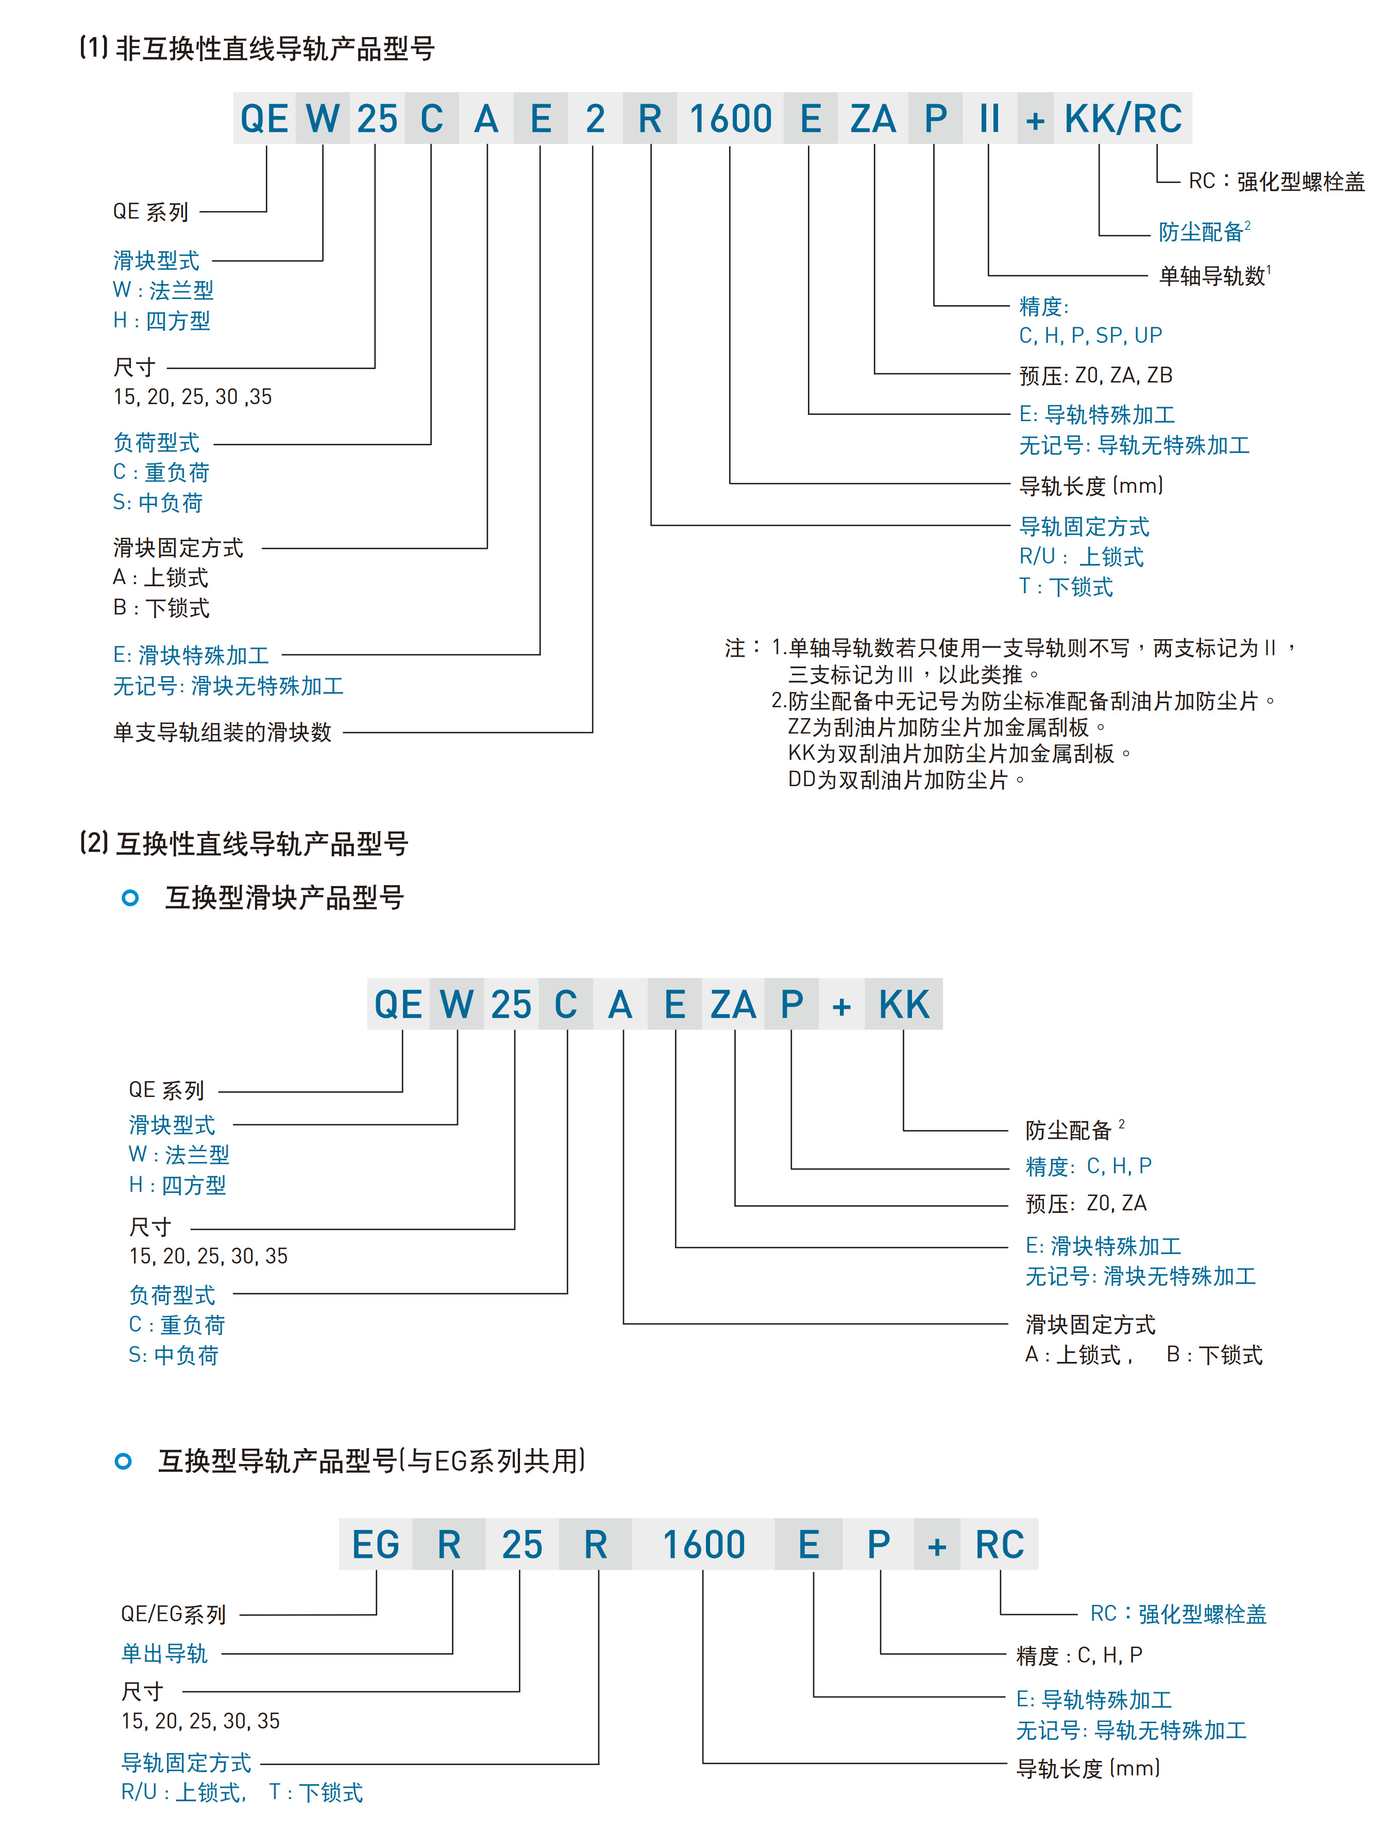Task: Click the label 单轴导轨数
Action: click(1212, 275)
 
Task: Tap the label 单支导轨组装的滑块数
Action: click(222, 732)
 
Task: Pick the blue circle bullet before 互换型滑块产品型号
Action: click(130, 897)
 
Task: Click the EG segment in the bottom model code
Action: click(376, 1544)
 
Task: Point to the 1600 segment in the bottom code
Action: click(704, 1544)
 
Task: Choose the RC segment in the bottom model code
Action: click(999, 1544)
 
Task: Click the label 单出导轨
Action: click(164, 1654)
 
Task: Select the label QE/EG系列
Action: click(174, 1614)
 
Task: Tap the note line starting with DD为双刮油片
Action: click(906, 780)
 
